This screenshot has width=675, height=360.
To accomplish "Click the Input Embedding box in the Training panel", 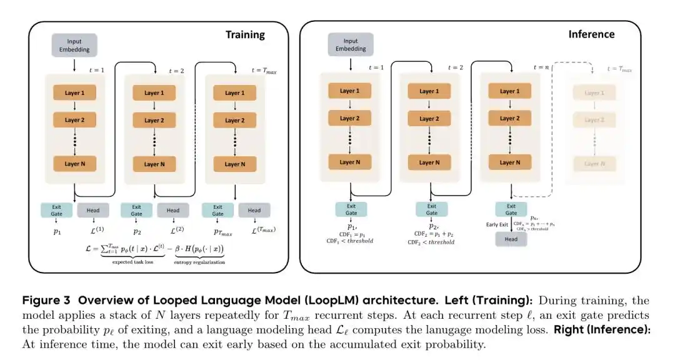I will point(74,45).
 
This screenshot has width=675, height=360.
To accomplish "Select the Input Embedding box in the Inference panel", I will point(351,45).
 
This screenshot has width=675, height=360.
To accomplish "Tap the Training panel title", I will point(245,35).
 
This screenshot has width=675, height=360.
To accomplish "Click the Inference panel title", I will point(591,34).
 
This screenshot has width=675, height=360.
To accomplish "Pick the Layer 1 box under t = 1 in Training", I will point(74,93).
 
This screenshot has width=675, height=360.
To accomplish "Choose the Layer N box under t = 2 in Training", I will point(154,164).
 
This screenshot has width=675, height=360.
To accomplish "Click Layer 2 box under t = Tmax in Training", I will point(235,120).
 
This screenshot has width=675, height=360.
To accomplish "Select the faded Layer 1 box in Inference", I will point(591,93).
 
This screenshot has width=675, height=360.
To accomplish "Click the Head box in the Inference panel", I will point(511,239).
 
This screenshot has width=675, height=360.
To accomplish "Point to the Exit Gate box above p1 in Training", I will point(56,210).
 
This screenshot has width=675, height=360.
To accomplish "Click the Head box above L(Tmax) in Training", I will point(254,210).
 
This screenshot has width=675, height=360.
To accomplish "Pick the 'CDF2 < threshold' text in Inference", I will point(431,242).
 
